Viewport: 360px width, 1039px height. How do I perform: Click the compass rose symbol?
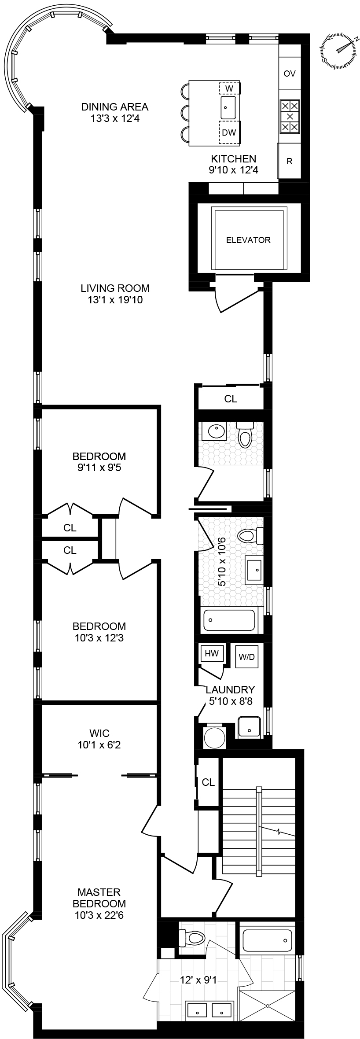pyautogui.click(x=339, y=51)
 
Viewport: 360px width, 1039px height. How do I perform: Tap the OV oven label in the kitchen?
pyautogui.click(x=290, y=74)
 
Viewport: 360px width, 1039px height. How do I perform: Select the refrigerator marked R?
pyautogui.click(x=290, y=161)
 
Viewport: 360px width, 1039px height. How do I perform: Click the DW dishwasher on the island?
pyautogui.click(x=229, y=133)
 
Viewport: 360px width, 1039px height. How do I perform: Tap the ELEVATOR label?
pyautogui.click(x=248, y=240)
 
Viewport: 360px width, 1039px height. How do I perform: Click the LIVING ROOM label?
pyautogui.click(x=115, y=288)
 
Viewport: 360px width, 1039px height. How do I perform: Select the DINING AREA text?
pyautogui.click(x=115, y=107)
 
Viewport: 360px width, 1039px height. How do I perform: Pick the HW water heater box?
pyautogui.click(x=212, y=653)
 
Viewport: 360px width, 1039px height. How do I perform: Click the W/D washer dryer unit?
pyautogui.click(x=246, y=657)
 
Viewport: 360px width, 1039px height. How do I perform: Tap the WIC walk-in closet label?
pyautogui.click(x=99, y=733)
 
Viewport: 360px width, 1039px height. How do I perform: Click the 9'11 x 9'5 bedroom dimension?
pyautogui.click(x=99, y=468)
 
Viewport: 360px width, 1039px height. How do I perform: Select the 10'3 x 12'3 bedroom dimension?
pyautogui.click(x=99, y=637)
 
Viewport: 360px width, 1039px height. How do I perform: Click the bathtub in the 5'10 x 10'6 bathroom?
pyautogui.click(x=229, y=620)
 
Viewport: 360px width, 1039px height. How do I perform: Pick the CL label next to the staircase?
pyautogui.click(x=208, y=782)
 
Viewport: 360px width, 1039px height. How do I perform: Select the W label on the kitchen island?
pyautogui.click(x=229, y=88)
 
